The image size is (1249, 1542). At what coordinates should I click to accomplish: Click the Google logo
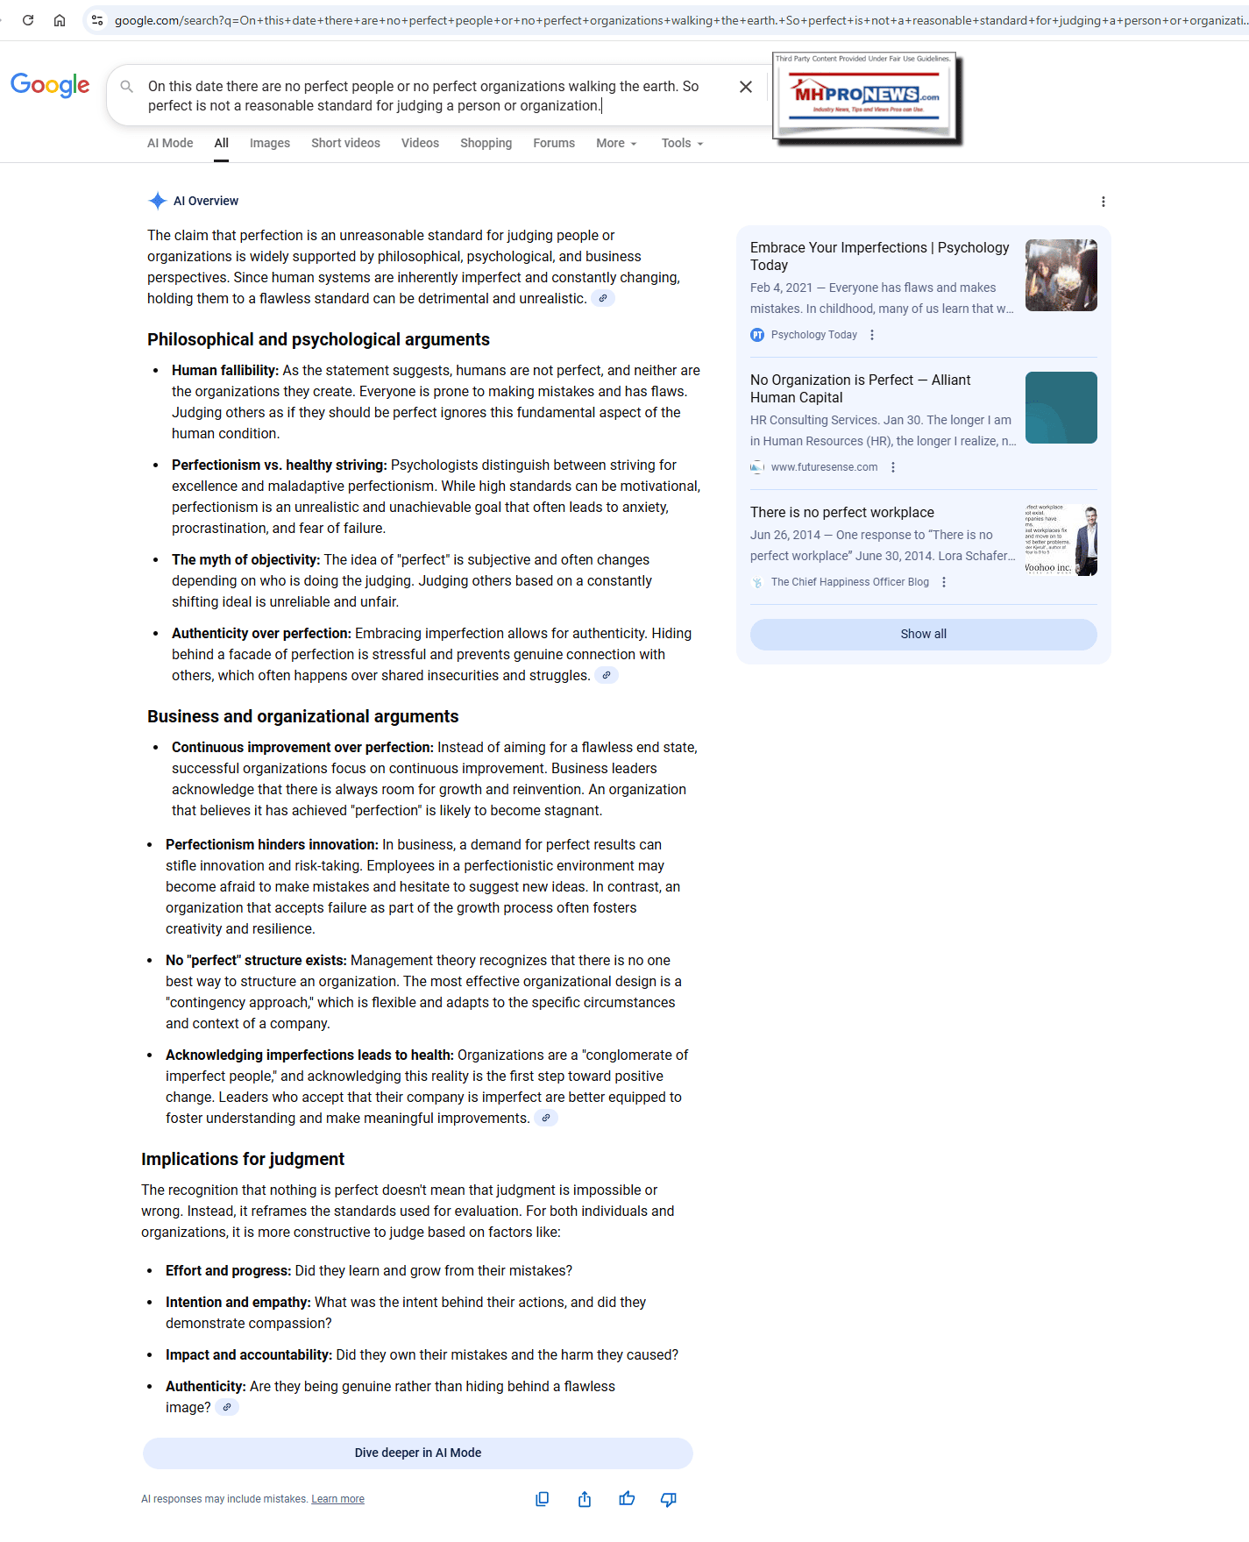(50, 85)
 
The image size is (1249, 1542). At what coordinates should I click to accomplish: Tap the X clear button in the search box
(746, 87)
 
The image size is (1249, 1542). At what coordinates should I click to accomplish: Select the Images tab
(269, 143)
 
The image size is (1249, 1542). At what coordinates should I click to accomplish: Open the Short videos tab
(345, 143)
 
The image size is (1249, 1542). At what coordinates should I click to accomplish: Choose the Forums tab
(554, 143)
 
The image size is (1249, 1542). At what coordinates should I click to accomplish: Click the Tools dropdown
(682, 143)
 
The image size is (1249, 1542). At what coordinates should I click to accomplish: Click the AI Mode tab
(170, 143)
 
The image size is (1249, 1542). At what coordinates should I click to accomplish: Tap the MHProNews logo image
(865, 96)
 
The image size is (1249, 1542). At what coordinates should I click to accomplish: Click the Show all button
(923, 634)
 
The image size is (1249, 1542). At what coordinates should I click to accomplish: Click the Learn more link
(337, 1499)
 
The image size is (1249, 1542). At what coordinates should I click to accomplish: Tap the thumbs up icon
(627, 1499)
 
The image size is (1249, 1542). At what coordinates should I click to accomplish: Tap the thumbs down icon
(669, 1499)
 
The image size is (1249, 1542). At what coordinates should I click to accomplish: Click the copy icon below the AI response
(543, 1499)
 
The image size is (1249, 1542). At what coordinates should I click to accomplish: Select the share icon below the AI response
(585, 1499)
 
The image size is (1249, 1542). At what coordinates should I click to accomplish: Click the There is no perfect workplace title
(841, 512)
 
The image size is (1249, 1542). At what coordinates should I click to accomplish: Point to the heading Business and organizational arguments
(302, 716)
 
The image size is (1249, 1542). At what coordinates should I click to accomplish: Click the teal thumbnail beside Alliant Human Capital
(1061, 408)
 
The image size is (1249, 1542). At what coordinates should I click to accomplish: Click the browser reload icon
(28, 20)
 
